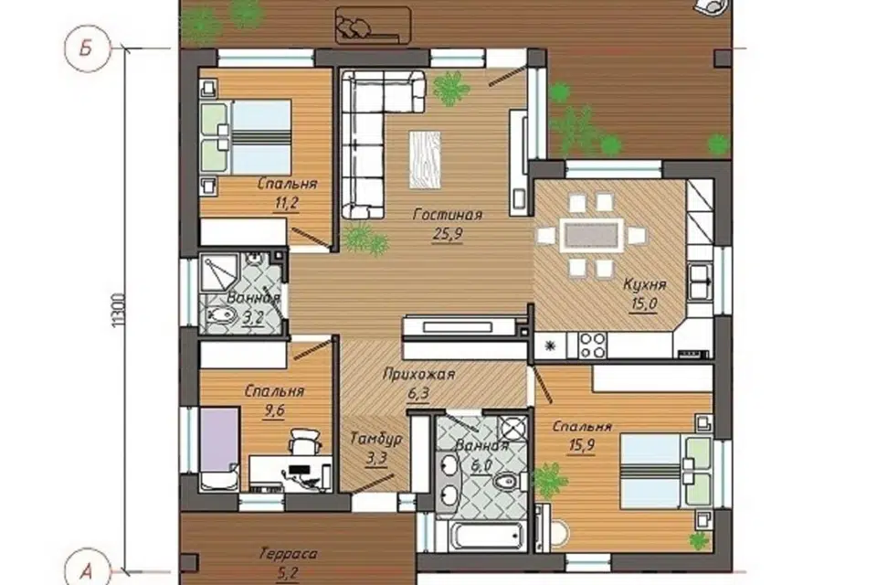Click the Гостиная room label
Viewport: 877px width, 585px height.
coord(448,215)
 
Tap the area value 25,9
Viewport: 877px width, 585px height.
coord(448,233)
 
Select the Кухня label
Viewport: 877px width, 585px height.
coord(645,284)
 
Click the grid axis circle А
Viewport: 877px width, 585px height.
coord(86,571)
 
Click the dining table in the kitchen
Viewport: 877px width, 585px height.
coord(591,234)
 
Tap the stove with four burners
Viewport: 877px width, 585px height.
coord(592,345)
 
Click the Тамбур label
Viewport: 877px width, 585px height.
coord(375,440)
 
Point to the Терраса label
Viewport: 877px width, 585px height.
coord(288,554)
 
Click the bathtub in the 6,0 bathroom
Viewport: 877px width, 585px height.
coord(487,536)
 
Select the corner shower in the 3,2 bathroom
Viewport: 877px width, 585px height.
coord(220,274)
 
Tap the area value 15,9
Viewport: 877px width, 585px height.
coord(582,446)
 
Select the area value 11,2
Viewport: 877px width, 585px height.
coord(285,203)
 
